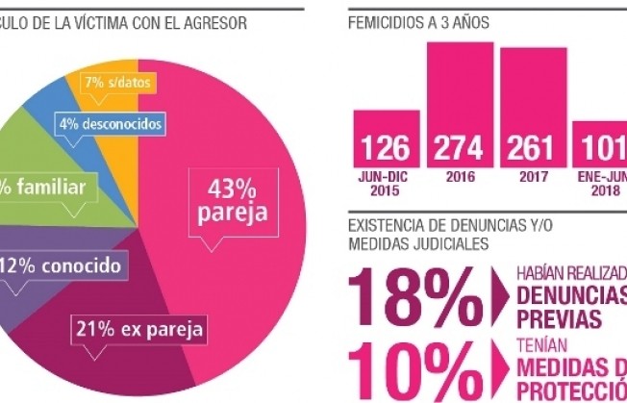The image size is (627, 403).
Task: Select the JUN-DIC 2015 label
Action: click(x=386, y=185)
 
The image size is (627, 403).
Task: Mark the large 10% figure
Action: click(x=403, y=369)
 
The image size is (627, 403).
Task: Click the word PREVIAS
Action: click(x=555, y=318)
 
